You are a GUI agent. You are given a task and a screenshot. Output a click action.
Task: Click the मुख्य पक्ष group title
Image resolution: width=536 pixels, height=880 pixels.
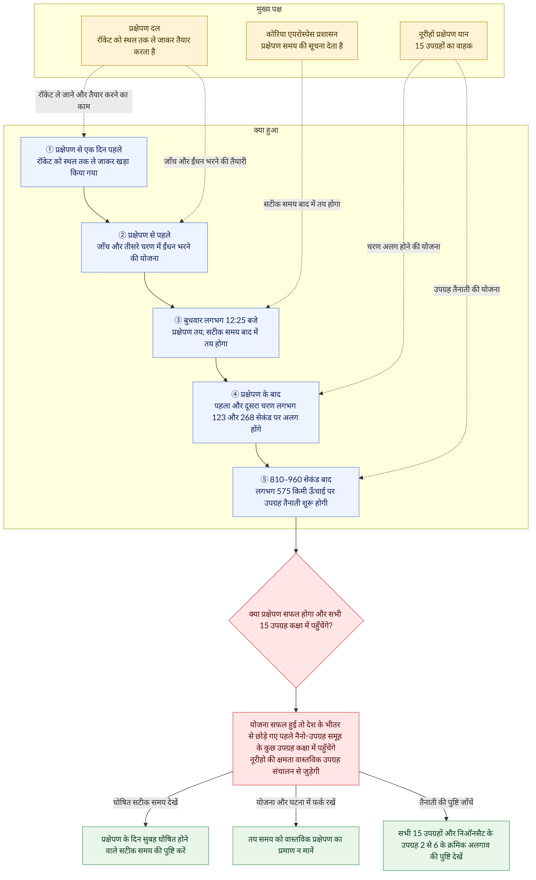pos(269,9)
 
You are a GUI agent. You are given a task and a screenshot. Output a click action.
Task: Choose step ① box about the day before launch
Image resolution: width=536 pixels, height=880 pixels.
pos(84,162)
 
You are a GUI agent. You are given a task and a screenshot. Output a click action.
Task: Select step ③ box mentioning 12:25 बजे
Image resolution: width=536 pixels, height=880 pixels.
pos(216,333)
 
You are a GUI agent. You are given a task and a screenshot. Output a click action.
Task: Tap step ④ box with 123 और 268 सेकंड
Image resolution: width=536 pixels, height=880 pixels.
pos(256,412)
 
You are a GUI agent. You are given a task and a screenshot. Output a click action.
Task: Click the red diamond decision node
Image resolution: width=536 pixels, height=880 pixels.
pos(296,621)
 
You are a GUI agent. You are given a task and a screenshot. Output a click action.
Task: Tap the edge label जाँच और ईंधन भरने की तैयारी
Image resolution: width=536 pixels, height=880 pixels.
pos(205,161)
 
